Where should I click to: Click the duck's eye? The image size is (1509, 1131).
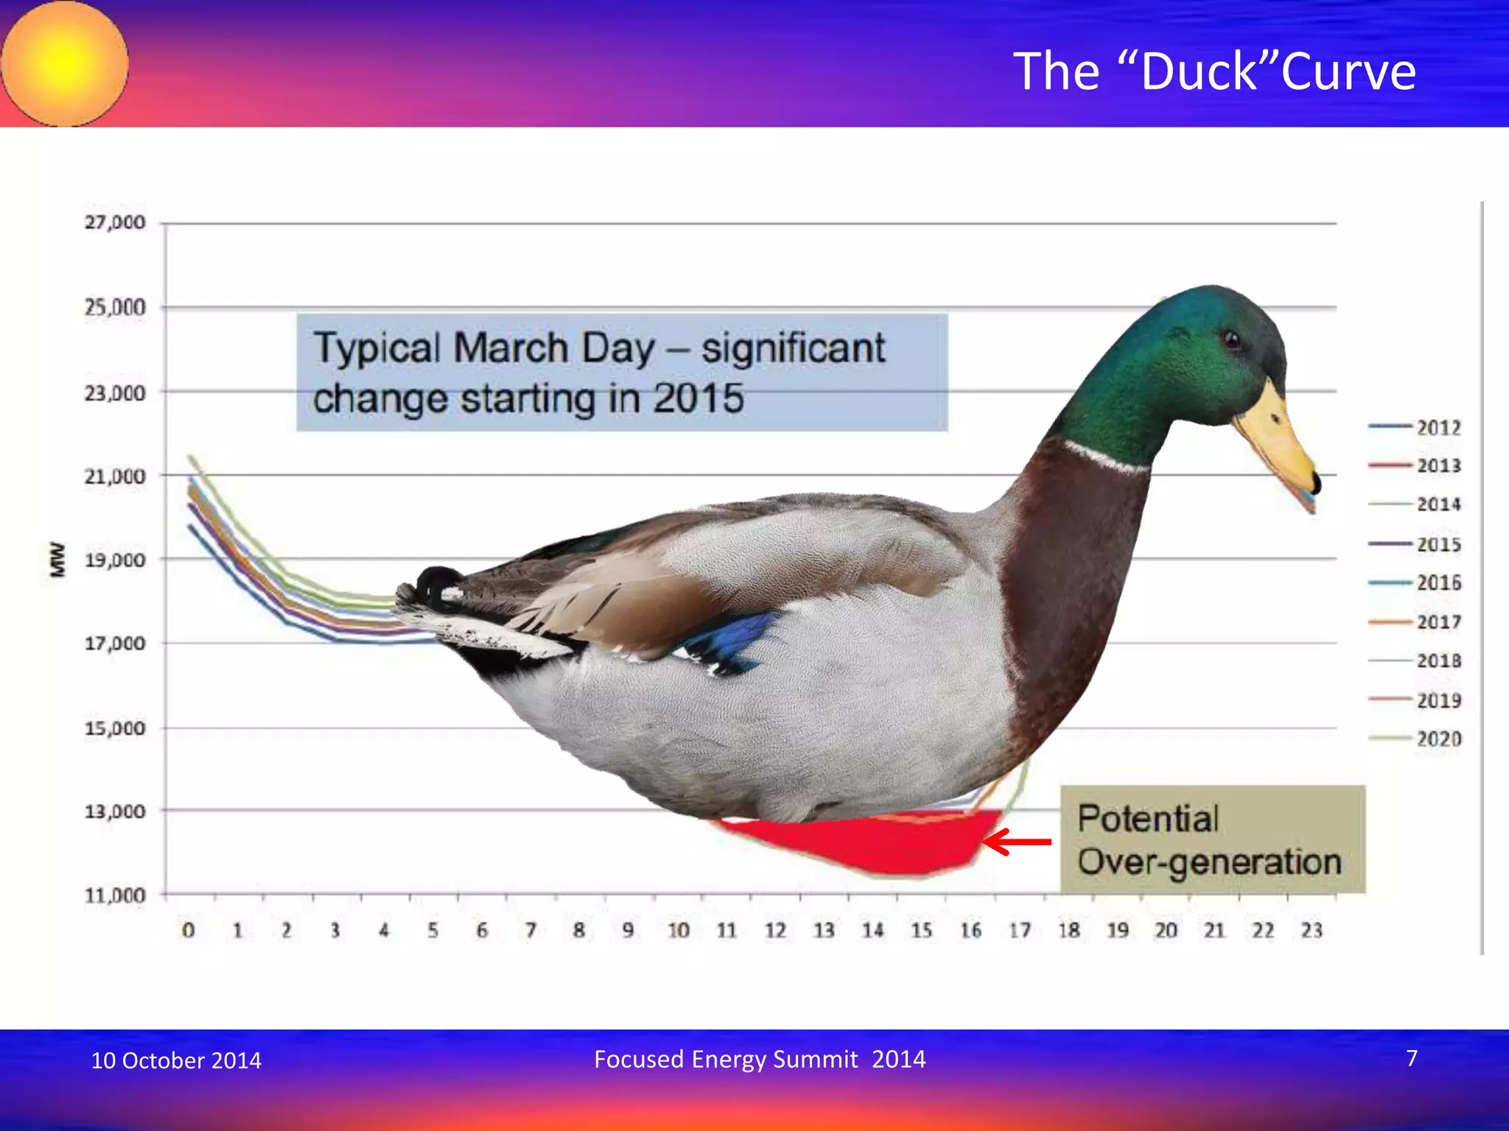click(1231, 339)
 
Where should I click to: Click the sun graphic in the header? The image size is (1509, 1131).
click(65, 63)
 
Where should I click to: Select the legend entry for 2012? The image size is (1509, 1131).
click(1415, 428)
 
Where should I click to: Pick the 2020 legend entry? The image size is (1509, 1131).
click(1415, 739)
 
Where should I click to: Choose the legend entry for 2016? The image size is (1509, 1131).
click(1415, 583)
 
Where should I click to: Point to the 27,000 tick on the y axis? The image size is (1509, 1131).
click(115, 222)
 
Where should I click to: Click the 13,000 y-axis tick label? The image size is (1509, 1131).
click(115, 811)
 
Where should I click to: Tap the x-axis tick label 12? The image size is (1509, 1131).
click(775, 931)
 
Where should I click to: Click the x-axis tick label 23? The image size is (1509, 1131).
click(1312, 931)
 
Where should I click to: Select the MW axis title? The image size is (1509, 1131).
click(57, 560)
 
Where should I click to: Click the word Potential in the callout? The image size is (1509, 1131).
click(1147, 819)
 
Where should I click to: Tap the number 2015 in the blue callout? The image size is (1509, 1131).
click(699, 398)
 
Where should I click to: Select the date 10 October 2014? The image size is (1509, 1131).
click(176, 1060)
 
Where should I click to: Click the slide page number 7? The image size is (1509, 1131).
click(1412, 1058)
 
